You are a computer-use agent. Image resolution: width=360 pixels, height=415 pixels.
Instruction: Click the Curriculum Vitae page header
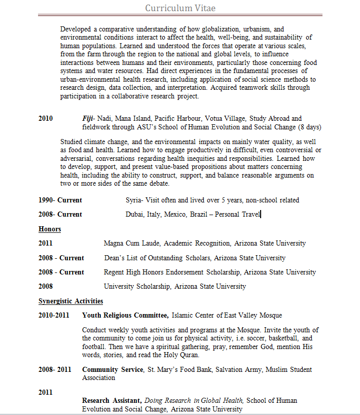[x=180, y=8]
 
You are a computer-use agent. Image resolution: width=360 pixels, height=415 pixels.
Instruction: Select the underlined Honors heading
[x=50, y=229]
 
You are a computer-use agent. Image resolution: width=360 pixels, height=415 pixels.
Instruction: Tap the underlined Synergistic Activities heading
[x=70, y=301]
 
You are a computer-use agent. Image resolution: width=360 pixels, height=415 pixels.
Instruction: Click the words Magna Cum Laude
[x=132, y=244]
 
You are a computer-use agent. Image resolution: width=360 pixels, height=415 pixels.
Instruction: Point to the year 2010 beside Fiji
[x=46, y=119]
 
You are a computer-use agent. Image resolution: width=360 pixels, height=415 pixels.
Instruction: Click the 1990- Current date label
[x=60, y=200]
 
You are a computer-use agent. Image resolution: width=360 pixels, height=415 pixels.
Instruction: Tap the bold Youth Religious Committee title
[x=125, y=316]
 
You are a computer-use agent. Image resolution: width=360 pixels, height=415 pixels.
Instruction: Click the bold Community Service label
[x=113, y=370]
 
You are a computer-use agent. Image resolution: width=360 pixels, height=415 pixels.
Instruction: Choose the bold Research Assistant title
[x=112, y=401]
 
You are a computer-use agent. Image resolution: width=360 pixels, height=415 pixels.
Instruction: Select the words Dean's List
[x=121, y=258]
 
